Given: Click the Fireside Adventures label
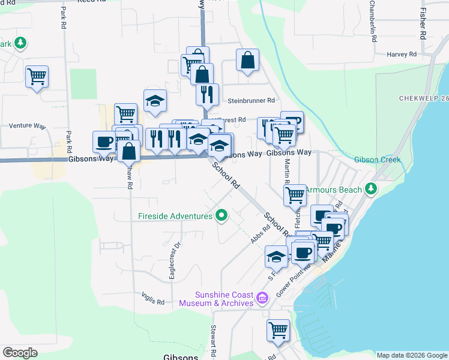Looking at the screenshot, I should tap(170, 215).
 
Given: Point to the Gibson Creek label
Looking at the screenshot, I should tap(377, 160).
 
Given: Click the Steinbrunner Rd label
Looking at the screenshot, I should tap(250, 101).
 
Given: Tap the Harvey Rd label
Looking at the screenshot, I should tap(402, 54).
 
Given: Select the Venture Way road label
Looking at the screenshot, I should tap(28, 126).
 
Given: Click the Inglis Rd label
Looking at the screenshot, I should tap(153, 302).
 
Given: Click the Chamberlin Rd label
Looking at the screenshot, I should tap(373, 21).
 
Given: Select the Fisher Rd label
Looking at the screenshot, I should tap(423, 23).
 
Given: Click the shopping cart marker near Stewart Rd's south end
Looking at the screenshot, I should tap(278, 329).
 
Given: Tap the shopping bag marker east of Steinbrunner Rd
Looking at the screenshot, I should tap(247, 60).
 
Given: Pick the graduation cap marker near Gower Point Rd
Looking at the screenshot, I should tap(276, 256).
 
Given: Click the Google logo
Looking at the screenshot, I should tap(20, 353).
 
